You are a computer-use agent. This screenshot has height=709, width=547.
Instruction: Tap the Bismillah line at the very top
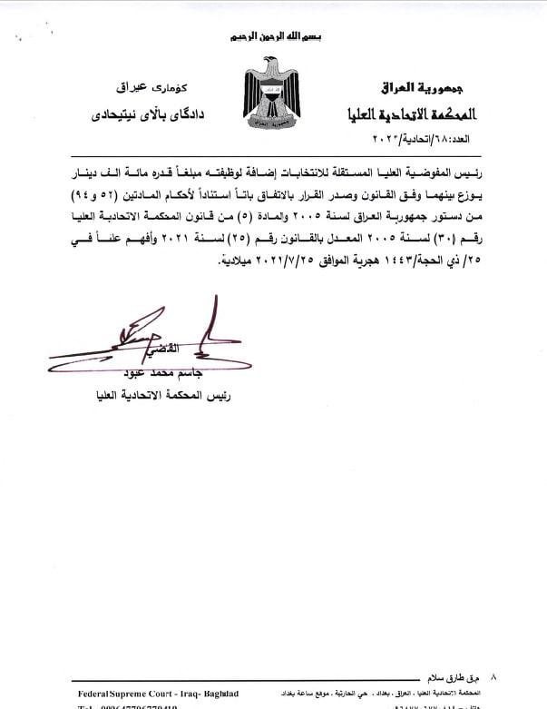(x=273, y=37)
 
